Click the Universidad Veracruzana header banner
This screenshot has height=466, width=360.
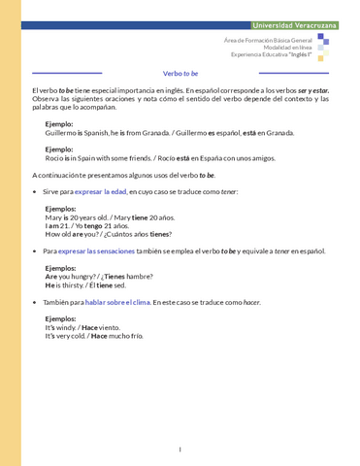(x=293, y=24)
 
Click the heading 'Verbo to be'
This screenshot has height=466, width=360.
(x=180, y=73)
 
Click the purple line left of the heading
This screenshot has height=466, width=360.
(x=67, y=73)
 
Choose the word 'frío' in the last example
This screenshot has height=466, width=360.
(x=135, y=336)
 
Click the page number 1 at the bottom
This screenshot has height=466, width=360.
(x=180, y=449)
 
